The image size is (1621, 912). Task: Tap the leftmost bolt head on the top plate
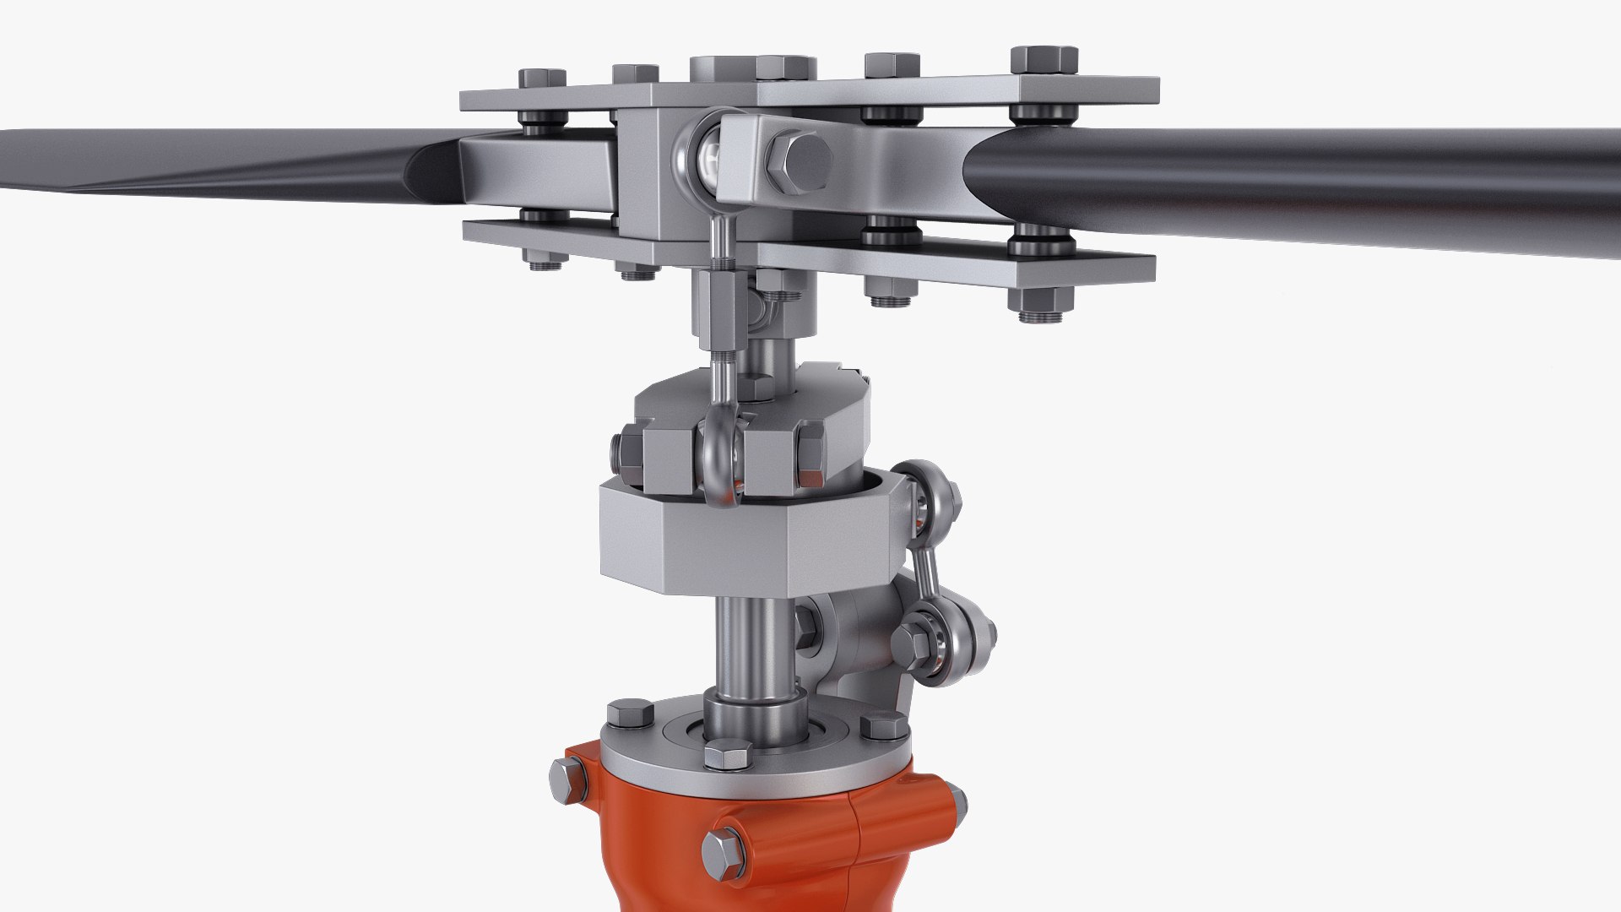541,79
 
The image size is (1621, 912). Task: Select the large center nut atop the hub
751,68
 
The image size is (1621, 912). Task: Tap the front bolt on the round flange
726,754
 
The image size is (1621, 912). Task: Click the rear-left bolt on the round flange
630,714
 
